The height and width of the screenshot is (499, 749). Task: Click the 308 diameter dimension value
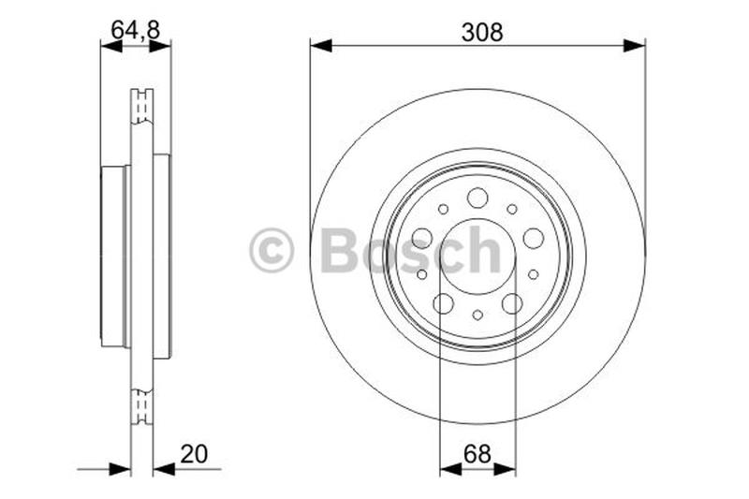click(482, 32)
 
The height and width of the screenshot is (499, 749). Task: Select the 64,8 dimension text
click(136, 30)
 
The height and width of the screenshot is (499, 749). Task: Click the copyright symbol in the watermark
click(272, 251)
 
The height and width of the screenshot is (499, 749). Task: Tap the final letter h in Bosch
click(484, 250)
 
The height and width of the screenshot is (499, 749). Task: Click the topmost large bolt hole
click(477, 198)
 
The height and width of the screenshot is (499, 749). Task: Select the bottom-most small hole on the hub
click(477, 315)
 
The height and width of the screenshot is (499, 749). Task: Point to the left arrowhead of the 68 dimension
click(448, 467)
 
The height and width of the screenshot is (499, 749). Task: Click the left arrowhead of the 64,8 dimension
click(110, 44)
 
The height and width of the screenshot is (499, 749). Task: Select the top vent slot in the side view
click(142, 106)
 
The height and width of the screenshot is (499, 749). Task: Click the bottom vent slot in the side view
click(142, 404)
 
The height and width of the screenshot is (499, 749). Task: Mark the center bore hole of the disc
click(477, 256)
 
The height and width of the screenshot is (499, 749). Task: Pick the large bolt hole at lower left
click(443, 303)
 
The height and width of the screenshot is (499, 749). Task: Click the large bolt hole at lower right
click(512, 303)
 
